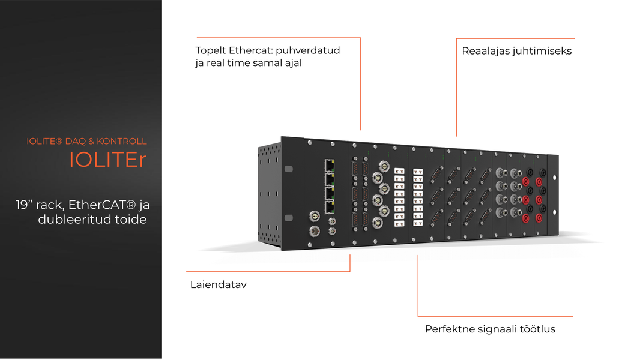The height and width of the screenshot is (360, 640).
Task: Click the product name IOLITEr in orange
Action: (108, 159)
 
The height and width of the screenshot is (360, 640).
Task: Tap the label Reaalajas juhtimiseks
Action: (516, 51)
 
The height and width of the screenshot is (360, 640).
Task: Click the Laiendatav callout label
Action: (218, 285)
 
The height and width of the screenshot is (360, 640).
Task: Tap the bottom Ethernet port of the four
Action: (329, 208)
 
